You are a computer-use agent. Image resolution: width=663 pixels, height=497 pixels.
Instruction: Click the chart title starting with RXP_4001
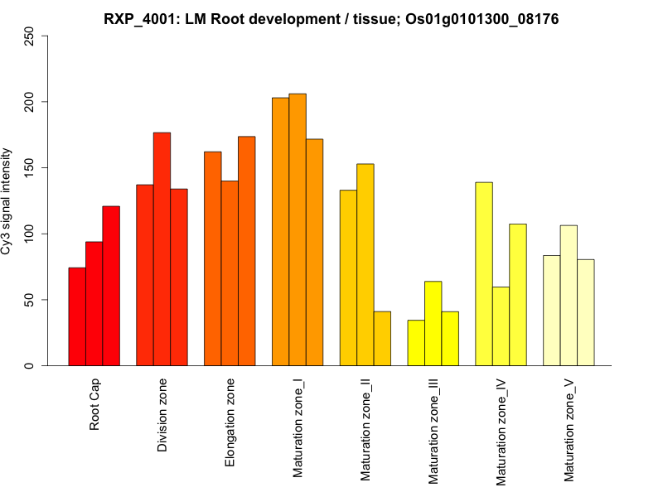pos(331,18)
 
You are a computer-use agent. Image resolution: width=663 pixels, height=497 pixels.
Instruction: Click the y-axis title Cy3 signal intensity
pos(7,200)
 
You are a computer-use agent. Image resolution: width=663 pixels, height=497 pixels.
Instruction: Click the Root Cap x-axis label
pos(95,406)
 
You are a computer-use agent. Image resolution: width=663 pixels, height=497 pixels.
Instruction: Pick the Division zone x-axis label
pos(163,415)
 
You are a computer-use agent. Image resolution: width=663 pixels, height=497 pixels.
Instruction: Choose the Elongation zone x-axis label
pos(230,422)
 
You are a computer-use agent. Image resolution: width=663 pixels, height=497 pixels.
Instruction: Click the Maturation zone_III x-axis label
pos(433,431)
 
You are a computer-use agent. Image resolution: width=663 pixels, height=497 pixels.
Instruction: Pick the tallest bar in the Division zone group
pos(162,248)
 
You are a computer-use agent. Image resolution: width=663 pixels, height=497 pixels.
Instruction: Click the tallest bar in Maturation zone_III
pos(433,323)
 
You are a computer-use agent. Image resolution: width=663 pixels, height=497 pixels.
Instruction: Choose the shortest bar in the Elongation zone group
pos(230,273)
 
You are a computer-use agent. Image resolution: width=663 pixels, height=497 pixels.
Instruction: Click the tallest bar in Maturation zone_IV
pos(484,273)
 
